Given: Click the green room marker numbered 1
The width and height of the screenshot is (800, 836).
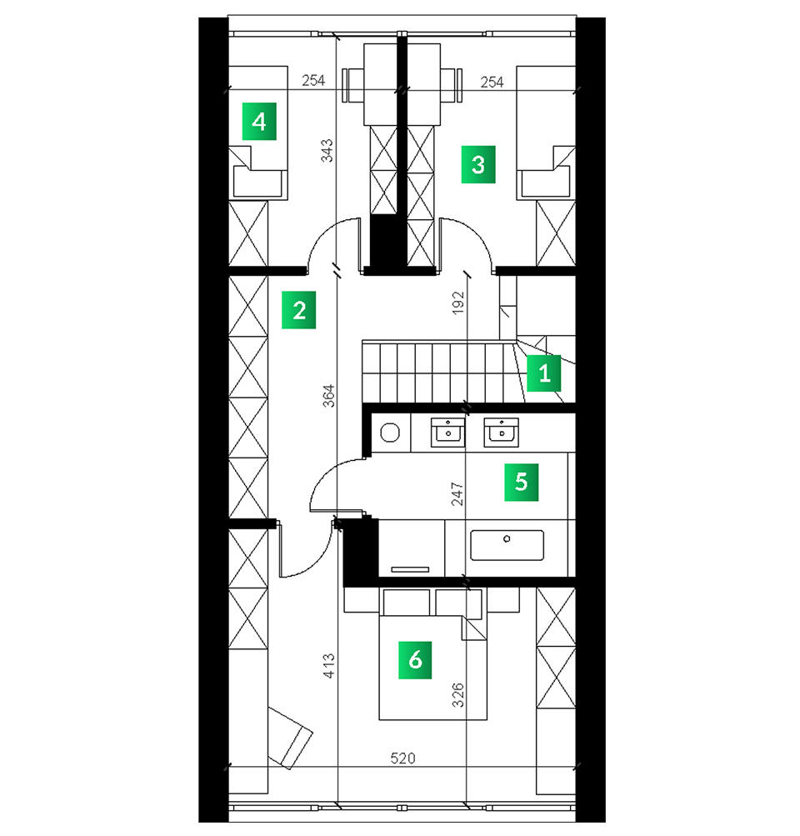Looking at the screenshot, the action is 543,373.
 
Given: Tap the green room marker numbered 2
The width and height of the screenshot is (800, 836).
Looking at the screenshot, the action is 299,310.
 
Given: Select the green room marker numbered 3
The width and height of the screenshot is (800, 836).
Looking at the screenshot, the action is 478,164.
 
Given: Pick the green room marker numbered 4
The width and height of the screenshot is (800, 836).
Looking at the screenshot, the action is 259,122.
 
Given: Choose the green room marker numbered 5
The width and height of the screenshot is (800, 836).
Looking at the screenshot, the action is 522,482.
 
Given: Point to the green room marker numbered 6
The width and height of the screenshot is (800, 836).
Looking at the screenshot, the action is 415,660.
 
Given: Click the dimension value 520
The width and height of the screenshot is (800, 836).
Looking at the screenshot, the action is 402,758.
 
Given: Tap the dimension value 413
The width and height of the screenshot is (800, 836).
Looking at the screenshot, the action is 329,666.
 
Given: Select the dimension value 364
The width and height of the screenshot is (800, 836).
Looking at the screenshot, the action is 329,396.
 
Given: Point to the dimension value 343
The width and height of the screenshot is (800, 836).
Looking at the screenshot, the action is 327,150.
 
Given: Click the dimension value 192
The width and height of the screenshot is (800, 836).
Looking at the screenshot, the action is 457,303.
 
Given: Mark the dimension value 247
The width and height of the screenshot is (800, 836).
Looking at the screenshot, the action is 457,493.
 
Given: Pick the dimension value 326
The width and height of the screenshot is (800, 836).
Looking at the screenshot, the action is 457,695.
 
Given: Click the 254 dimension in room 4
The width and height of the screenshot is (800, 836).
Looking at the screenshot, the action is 313,81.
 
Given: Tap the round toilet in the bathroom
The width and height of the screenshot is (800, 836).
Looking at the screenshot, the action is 390,433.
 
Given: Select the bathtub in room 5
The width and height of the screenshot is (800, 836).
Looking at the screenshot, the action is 507,545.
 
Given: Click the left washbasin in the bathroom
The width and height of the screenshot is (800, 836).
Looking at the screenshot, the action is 447,433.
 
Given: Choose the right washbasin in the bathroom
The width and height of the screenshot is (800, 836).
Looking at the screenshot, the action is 501,433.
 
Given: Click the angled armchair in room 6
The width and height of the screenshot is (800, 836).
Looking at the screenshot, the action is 290,738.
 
